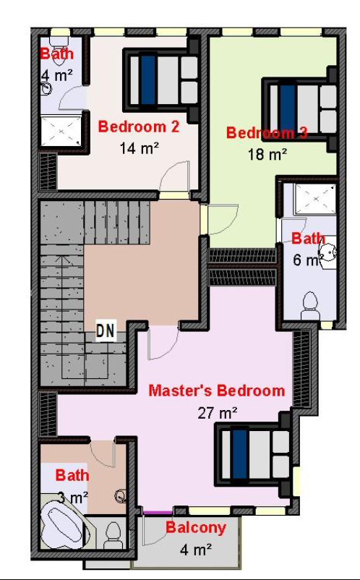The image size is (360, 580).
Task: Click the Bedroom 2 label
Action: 139,127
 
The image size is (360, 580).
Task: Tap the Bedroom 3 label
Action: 267,133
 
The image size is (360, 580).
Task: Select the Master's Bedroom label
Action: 217,391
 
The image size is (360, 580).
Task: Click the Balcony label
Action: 196,528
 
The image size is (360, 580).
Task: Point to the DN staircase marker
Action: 106,331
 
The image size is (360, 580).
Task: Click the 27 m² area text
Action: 218,413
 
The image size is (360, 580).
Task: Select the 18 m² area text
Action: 267,154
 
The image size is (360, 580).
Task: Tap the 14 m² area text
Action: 140,148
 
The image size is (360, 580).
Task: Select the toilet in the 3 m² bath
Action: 113,535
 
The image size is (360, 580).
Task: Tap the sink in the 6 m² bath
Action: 329,252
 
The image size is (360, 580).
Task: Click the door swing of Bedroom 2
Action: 174,177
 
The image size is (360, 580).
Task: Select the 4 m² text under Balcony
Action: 196,550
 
